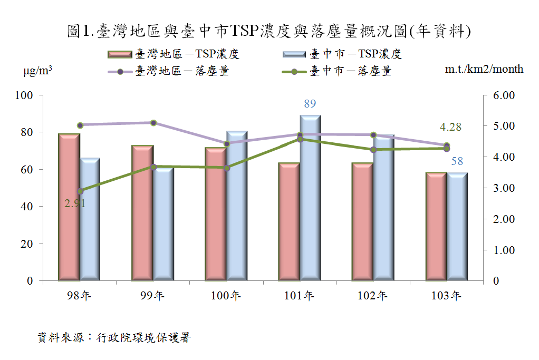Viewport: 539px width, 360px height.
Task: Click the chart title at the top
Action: tap(269, 31)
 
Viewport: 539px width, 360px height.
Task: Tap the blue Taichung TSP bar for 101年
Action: tap(310, 197)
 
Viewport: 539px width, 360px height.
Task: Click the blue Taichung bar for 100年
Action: tap(237, 206)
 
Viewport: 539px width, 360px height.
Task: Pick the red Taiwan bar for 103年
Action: tap(436, 226)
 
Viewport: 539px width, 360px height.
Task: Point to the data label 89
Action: tap(310, 104)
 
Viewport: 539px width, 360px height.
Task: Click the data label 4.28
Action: tap(451, 127)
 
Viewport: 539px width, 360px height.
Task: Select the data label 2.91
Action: tap(74, 203)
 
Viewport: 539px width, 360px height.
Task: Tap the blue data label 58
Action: tap(457, 161)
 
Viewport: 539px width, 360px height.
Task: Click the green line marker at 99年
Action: tap(153, 167)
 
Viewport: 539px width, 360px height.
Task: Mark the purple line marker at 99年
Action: tap(153, 123)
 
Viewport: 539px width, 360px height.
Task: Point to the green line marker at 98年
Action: tap(80, 191)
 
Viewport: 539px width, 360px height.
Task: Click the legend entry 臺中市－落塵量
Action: tap(337, 71)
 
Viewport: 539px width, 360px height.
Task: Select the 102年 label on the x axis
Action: tap(372, 296)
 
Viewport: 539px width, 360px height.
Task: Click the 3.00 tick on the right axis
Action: tap(504, 188)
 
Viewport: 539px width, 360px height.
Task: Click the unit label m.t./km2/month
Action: tap(484, 69)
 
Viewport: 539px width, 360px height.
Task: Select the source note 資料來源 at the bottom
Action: tap(114, 337)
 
